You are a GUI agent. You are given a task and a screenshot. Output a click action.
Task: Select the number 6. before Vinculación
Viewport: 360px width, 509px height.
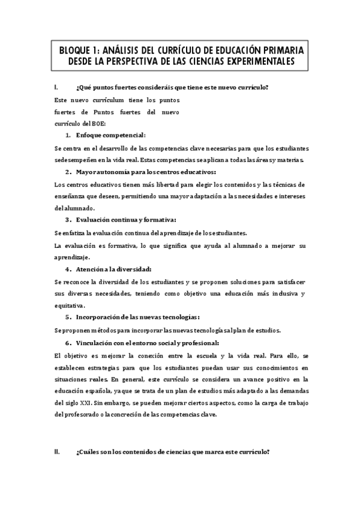pyautogui.click(x=69, y=343)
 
